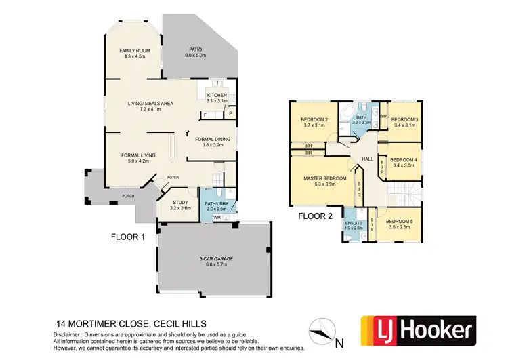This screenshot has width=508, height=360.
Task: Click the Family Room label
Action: point(134,52)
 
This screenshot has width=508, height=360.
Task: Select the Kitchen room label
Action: point(217,96)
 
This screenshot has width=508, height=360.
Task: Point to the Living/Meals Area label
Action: point(151,104)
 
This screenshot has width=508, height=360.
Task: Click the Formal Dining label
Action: point(213,140)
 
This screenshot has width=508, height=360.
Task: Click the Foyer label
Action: point(173,178)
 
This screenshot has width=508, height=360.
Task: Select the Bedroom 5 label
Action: point(398,222)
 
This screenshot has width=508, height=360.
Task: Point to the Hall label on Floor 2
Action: point(368,159)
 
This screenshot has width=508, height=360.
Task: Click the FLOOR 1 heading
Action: point(130,238)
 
